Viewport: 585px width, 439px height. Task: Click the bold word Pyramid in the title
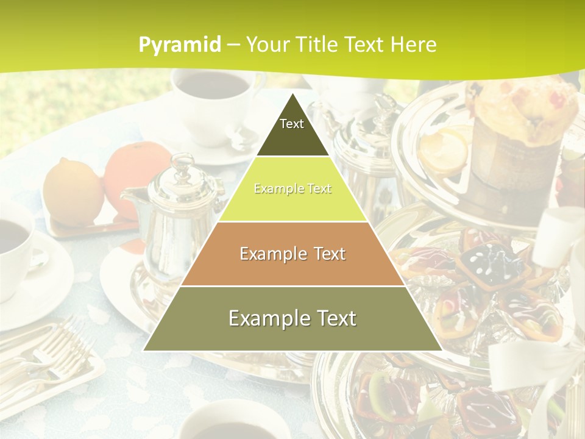click(179, 45)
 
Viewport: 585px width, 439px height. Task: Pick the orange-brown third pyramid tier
click(292, 254)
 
